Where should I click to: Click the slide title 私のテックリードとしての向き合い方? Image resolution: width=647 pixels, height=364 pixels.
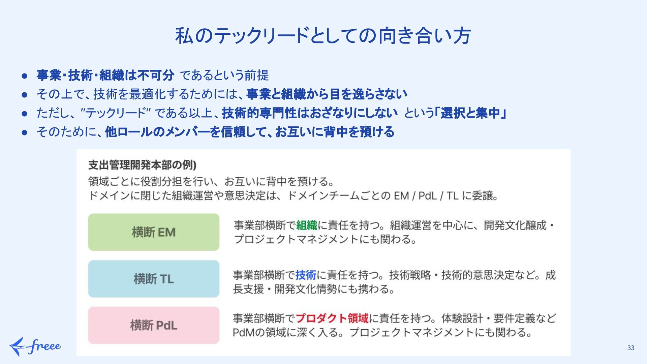pos(323,36)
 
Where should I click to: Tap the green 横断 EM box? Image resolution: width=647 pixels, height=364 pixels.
pos(154,232)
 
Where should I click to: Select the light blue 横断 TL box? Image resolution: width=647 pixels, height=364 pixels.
pos(154,279)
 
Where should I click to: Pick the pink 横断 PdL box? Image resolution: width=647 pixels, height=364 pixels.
pos(154,325)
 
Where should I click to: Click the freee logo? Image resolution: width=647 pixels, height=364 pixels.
pos(35,346)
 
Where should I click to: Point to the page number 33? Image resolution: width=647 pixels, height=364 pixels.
pos(631,348)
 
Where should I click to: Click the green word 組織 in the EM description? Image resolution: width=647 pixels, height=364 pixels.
pos(307,225)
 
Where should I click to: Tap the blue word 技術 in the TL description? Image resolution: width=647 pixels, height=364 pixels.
pos(306,275)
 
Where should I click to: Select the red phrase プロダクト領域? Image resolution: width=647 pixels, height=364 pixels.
pos(332,318)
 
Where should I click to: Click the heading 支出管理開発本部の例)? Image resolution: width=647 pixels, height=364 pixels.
pos(142,165)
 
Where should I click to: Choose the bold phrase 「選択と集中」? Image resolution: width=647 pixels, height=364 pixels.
pos(470,113)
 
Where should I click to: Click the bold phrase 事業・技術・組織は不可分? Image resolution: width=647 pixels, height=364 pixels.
pos(105,75)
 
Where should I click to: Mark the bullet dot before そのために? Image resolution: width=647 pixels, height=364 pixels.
pos(24,132)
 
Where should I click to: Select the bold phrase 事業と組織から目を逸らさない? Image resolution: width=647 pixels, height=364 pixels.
pos(327,94)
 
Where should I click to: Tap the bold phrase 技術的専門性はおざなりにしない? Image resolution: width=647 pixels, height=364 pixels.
pos(310,113)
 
